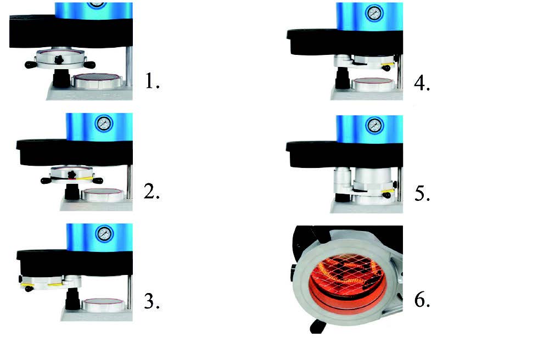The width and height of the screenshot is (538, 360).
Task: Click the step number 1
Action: point(152,81)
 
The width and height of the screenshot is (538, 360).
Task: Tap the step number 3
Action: point(152,301)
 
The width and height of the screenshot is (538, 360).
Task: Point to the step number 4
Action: point(422,83)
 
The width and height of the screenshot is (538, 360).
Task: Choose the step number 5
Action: point(422,193)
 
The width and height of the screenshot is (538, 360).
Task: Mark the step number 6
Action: point(422,300)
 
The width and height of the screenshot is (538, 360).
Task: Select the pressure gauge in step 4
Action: point(374,13)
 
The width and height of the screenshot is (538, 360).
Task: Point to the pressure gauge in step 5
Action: point(374,125)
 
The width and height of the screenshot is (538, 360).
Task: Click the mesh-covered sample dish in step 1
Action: point(98,80)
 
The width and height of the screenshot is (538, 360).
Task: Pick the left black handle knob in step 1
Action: point(31,64)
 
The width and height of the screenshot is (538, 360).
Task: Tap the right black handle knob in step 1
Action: point(89,64)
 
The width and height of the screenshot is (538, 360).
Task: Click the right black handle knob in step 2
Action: point(98,181)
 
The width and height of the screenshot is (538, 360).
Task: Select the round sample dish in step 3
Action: point(103,303)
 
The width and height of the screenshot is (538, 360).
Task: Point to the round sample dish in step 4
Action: point(373,83)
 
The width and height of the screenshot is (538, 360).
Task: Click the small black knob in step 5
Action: point(387,195)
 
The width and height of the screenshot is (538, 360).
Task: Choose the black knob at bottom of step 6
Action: point(317,326)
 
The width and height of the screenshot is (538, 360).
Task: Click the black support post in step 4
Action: point(343,78)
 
